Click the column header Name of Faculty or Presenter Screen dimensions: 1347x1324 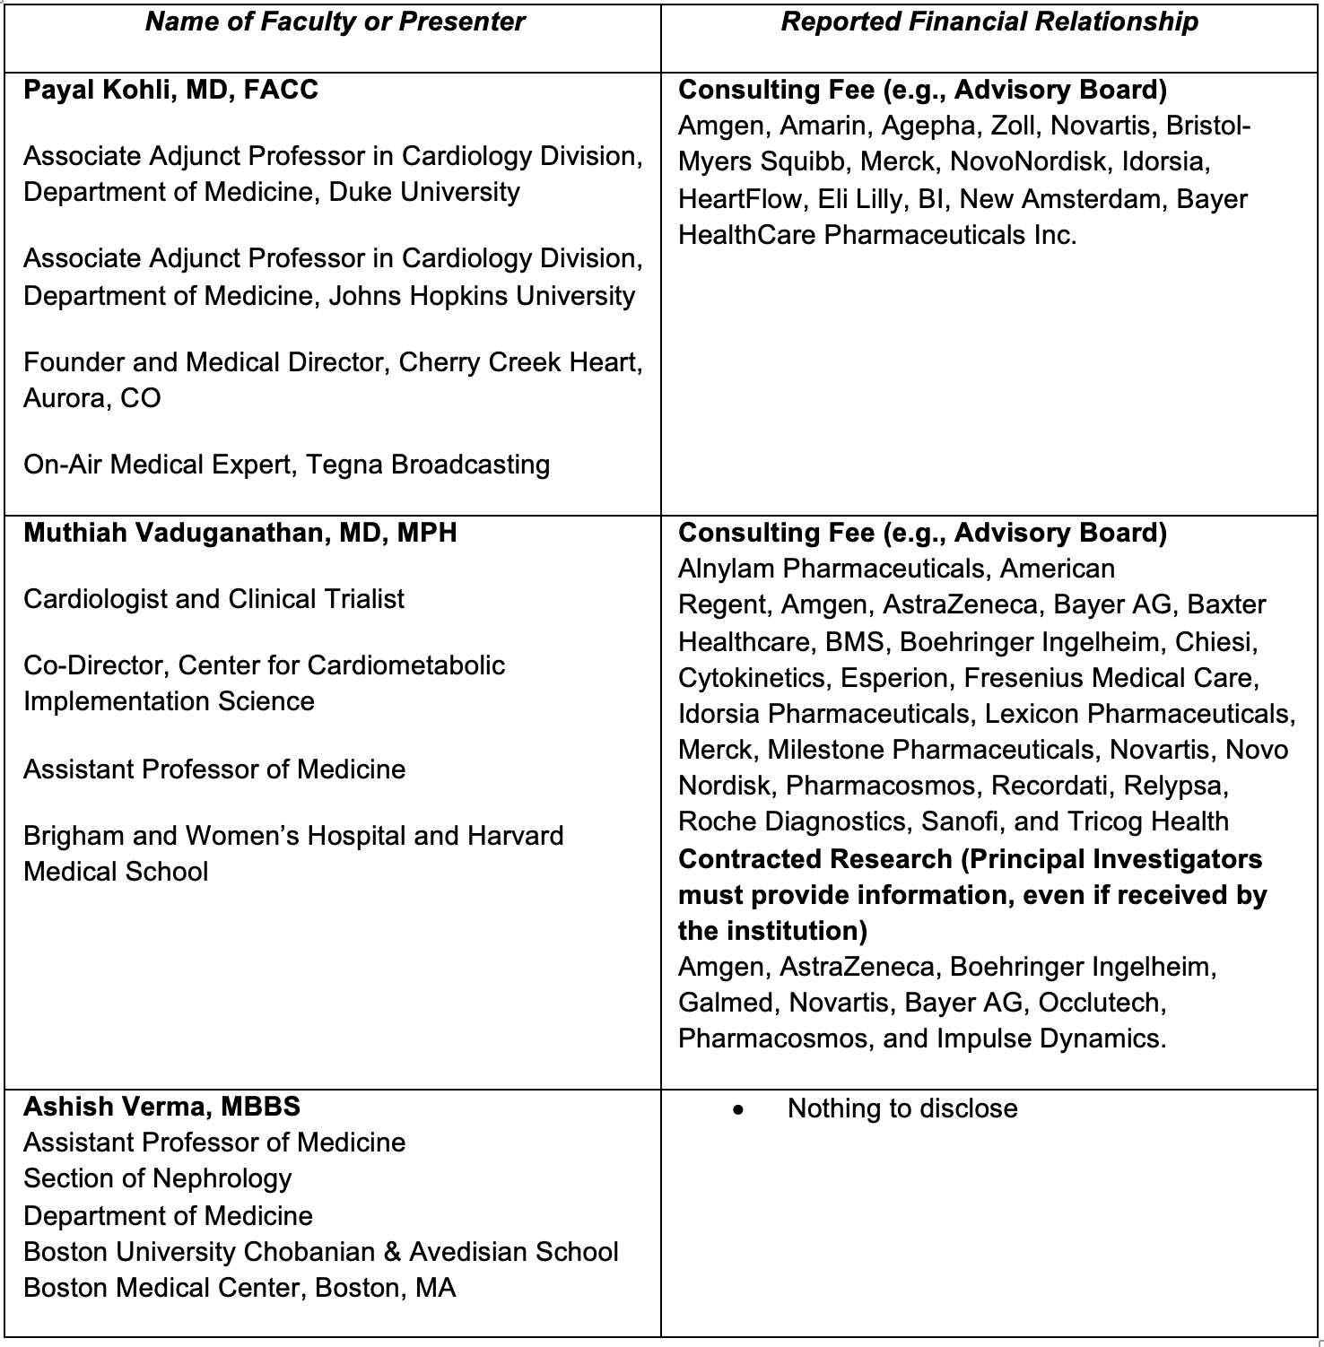point(335,22)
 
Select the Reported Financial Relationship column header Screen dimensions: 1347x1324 point(989,22)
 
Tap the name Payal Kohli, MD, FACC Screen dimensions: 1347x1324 point(170,90)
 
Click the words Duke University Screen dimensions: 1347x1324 point(424,192)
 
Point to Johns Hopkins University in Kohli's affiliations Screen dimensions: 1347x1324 point(482,296)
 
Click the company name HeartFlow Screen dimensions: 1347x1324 point(739,198)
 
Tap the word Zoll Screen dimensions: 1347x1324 point(1013,126)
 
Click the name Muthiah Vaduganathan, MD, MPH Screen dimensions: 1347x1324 point(240,533)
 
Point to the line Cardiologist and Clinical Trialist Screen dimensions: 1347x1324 point(213,599)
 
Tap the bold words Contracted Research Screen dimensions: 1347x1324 point(814,859)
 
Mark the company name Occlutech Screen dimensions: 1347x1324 point(1102,1003)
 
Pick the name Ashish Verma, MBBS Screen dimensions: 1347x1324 point(161,1107)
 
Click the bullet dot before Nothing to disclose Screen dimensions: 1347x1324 point(738,1109)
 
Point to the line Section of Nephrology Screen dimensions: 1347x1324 point(158,1178)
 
